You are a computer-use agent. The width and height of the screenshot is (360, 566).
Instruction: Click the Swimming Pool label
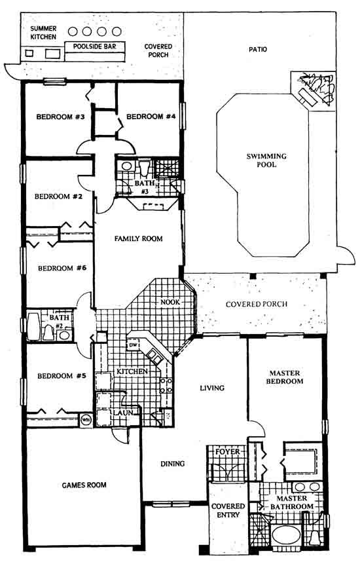[266, 160]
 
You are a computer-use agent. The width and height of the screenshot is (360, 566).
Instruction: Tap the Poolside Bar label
[94, 47]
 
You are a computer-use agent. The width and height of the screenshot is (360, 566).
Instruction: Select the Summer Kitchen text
[43, 33]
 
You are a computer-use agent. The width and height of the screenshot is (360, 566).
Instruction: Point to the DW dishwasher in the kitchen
[132, 345]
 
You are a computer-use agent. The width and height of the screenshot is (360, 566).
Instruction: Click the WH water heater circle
[86, 419]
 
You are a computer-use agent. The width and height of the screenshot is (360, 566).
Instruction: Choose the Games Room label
[84, 485]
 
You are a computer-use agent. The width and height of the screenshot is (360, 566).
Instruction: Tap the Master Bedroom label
[285, 377]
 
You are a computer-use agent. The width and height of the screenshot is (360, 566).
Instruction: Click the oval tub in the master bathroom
[286, 535]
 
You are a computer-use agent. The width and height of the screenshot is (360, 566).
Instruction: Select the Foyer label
[227, 451]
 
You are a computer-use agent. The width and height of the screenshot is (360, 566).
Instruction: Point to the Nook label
[170, 302]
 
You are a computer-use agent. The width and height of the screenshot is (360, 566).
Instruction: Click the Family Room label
[139, 238]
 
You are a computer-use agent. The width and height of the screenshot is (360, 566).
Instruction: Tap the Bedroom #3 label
[61, 117]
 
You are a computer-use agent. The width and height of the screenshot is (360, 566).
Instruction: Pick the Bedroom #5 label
[62, 376]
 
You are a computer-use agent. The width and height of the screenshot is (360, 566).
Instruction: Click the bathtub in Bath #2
[33, 326]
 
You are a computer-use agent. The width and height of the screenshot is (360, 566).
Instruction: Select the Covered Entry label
[228, 510]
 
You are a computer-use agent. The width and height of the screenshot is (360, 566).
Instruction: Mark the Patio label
[258, 49]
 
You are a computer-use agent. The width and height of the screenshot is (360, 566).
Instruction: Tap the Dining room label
[172, 464]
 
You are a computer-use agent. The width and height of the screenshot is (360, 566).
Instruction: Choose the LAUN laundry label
[123, 413]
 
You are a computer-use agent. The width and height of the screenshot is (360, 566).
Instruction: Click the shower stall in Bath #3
[167, 168]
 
